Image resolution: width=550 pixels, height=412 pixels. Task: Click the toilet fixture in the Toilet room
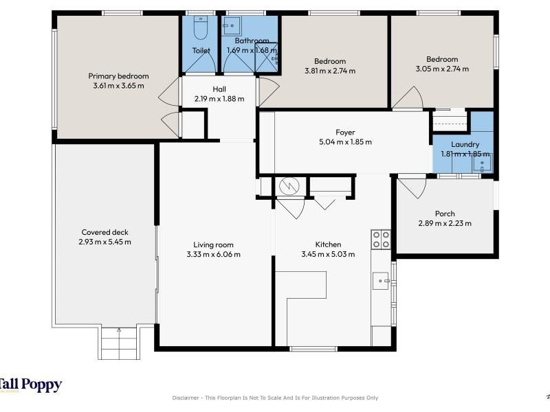pyautogui.click(x=201, y=27)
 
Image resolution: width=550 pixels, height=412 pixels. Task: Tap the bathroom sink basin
pyautogui.click(x=231, y=25)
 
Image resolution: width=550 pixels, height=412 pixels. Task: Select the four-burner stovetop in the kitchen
pyautogui.click(x=381, y=240)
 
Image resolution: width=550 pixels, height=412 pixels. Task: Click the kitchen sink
pyautogui.click(x=381, y=281)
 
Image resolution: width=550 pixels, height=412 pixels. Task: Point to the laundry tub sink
pyautogui.click(x=483, y=163)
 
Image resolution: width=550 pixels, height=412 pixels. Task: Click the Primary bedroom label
pyautogui.click(x=118, y=76)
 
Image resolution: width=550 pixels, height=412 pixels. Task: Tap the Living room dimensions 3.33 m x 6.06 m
pyautogui.click(x=214, y=254)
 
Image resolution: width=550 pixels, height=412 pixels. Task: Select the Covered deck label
pyautogui.click(x=105, y=232)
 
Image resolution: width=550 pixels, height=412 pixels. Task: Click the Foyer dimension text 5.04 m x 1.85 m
pyautogui.click(x=346, y=142)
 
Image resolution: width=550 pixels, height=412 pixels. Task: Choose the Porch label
pyautogui.click(x=445, y=214)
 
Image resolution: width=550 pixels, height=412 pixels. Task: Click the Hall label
pyautogui.click(x=219, y=89)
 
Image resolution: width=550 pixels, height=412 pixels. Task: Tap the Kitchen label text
pyautogui.click(x=329, y=244)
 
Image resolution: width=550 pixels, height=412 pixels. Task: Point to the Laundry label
pyautogui.click(x=465, y=144)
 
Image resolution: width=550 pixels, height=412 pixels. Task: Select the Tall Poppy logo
pyautogui.click(x=31, y=385)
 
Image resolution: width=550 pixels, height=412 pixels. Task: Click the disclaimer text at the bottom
pyautogui.click(x=275, y=398)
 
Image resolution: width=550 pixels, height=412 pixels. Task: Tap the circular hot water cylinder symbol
pyautogui.click(x=289, y=187)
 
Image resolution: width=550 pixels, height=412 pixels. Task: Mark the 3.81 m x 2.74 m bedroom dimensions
pyautogui.click(x=330, y=71)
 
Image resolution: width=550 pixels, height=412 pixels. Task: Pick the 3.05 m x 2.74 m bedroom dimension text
pyautogui.click(x=442, y=69)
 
